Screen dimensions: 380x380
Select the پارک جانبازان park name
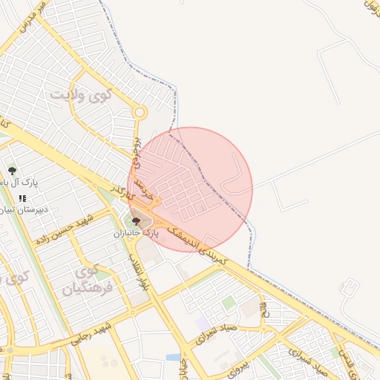coord(137,232)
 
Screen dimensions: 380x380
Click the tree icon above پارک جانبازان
coord(136,220)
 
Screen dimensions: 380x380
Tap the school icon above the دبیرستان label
coord(22,198)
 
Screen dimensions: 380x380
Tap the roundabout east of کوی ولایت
coord(139,113)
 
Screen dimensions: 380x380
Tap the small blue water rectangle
coord(172,357)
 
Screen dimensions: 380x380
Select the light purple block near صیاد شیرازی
coord(203,324)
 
